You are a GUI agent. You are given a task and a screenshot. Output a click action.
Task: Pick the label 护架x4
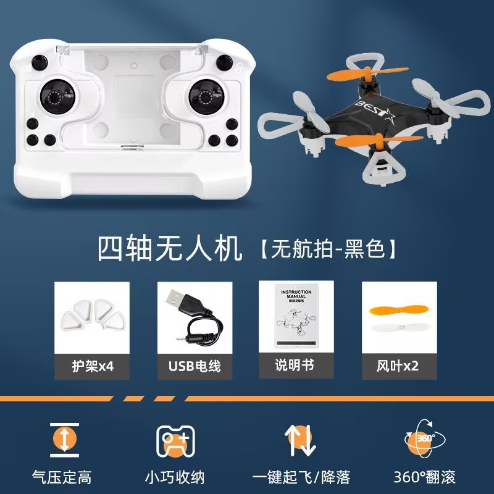point(92,366)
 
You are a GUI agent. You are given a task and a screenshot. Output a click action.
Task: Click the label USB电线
point(195,366)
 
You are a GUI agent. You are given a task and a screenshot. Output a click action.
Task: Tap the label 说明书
point(295,365)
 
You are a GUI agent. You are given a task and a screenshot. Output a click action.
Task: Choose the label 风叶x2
point(398,366)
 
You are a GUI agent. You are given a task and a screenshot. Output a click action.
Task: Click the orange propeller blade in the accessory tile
point(398,309)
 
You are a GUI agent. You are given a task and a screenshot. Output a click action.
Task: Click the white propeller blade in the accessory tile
point(398,331)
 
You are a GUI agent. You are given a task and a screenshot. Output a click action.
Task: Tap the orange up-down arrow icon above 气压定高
point(65,438)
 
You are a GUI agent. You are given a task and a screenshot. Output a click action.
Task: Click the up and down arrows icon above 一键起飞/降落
point(300,440)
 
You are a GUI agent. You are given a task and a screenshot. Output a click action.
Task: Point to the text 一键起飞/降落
point(301,477)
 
